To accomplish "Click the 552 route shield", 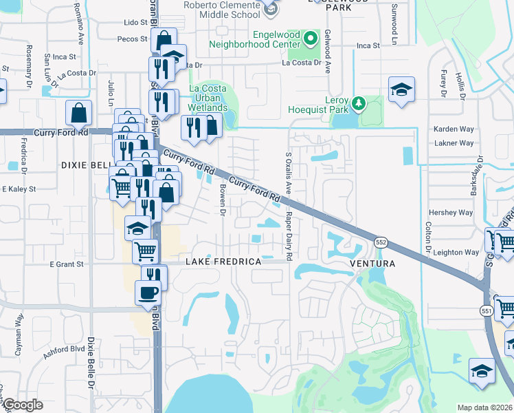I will point(381,242).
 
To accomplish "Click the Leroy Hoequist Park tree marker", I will point(357,103).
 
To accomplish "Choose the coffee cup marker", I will point(147,293).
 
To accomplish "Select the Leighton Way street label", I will point(456,253).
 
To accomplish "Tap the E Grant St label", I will point(66,264).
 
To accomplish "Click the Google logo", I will point(23,405).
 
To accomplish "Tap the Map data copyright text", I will point(485,407).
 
